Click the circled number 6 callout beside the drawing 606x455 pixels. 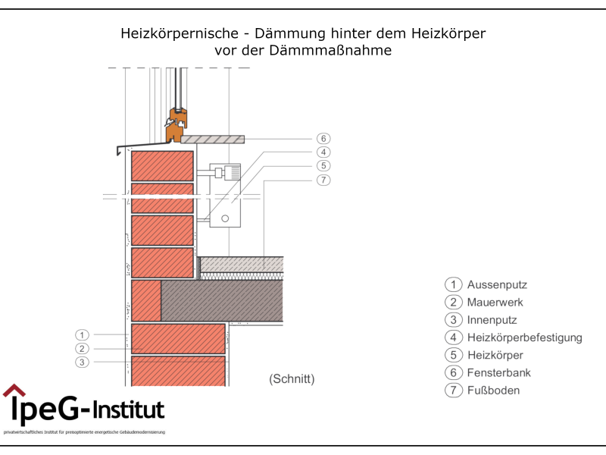click(x=323, y=139)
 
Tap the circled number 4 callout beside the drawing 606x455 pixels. click(x=323, y=152)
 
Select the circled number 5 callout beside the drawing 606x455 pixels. click(x=323, y=165)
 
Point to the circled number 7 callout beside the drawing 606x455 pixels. click(x=323, y=180)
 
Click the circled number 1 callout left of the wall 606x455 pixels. click(x=83, y=334)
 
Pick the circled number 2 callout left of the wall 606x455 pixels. click(x=83, y=349)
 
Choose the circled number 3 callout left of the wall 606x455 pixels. click(x=83, y=362)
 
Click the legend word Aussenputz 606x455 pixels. click(x=496, y=285)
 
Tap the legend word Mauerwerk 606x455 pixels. click(x=495, y=303)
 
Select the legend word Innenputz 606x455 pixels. click(x=492, y=320)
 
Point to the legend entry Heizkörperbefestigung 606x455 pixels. click(x=524, y=337)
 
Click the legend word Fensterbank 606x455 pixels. click(x=498, y=373)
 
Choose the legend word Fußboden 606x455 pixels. click(x=493, y=391)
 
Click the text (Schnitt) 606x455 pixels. click(x=292, y=378)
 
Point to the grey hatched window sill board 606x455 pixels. click(x=213, y=139)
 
